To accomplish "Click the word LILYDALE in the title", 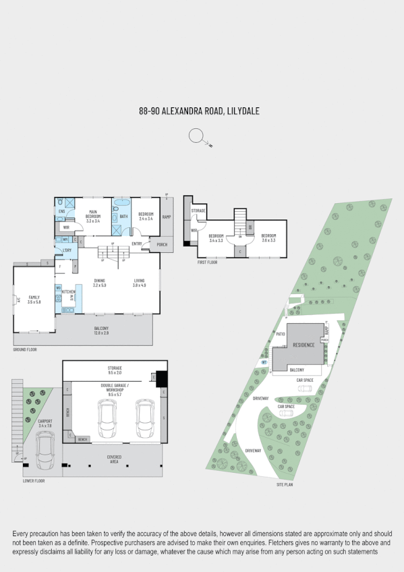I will (244, 111).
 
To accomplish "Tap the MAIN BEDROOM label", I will (93, 217).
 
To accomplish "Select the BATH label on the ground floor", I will (123, 217).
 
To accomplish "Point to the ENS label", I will (61, 212).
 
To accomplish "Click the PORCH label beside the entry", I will (162, 244).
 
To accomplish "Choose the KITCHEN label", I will (69, 291).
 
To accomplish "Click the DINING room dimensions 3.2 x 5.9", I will (100, 285).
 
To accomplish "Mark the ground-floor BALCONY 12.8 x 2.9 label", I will (102, 331).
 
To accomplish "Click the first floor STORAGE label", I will (198, 211).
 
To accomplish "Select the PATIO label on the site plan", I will (281, 333).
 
